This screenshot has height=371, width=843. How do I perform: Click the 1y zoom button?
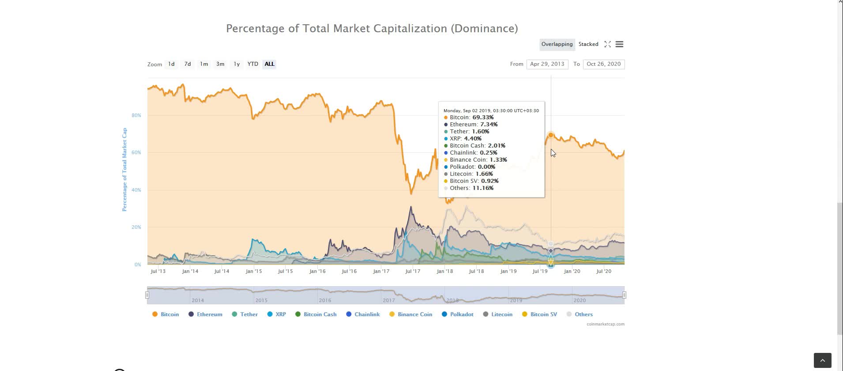[237, 64]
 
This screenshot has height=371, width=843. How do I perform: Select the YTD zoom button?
[253, 64]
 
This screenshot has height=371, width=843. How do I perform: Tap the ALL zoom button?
[269, 64]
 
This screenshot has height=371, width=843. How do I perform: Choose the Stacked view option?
[588, 44]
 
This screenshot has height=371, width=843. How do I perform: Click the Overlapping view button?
[557, 44]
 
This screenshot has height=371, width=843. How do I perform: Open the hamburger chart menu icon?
[619, 44]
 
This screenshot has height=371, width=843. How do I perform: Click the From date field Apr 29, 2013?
[547, 64]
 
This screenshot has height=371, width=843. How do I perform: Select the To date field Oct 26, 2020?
[603, 64]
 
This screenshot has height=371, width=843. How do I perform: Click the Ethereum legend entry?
[209, 314]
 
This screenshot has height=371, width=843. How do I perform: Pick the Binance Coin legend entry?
[414, 314]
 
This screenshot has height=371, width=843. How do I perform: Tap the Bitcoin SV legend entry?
[543, 314]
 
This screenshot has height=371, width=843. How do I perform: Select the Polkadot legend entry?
[462, 314]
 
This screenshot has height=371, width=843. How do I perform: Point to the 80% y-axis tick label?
[136, 115]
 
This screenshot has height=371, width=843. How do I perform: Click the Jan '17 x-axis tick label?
[381, 271]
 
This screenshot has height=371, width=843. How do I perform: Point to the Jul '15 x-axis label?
[285, 271]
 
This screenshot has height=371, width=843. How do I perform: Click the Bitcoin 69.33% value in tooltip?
[483, 117]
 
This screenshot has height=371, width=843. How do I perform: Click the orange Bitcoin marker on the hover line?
[551, 135]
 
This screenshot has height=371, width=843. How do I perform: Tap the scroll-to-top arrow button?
[822, 360]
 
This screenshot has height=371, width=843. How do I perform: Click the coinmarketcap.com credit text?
[605, 324]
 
